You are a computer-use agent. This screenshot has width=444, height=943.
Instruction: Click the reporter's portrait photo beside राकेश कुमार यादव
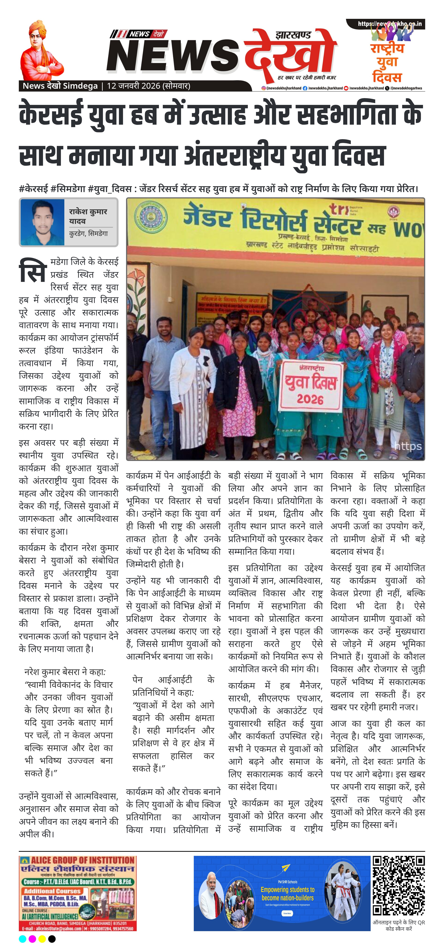[x=43, y=222]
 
